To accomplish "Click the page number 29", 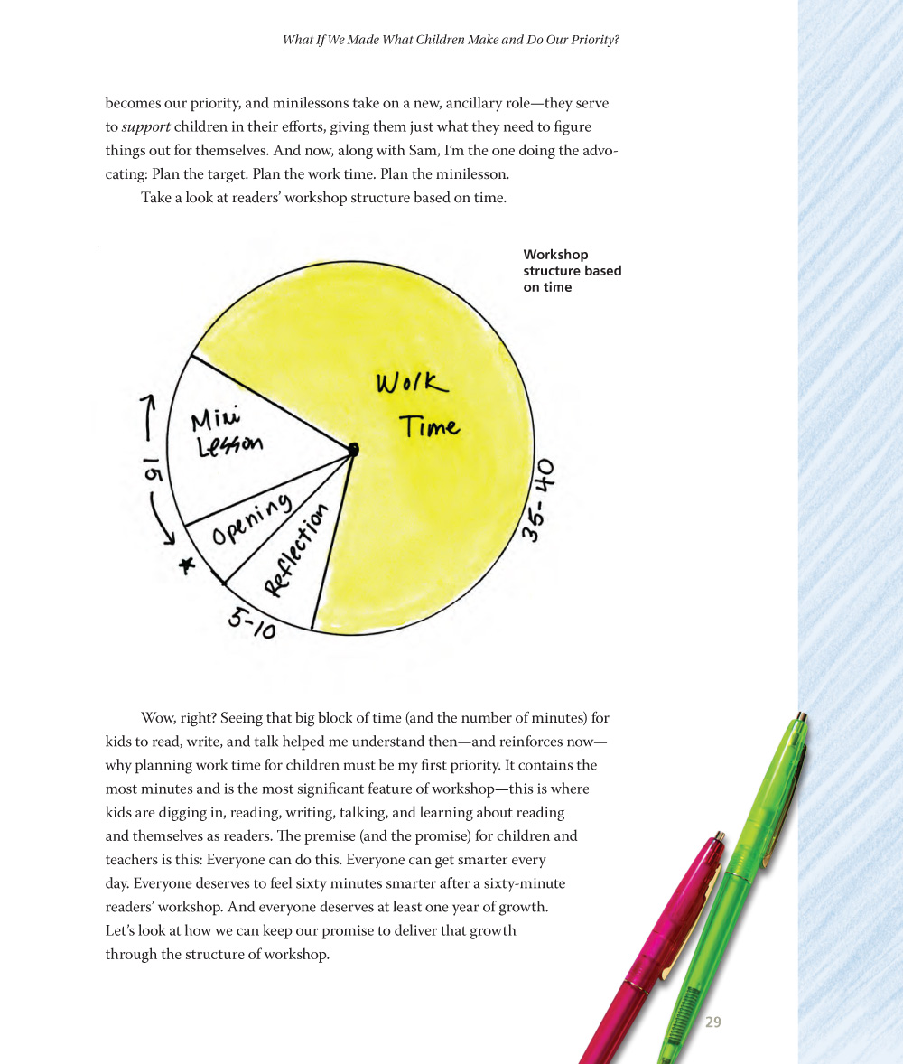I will [712, 1022].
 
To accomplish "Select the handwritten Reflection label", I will [295, 551].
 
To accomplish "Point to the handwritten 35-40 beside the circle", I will [539, 500].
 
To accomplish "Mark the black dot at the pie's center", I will [353, 449].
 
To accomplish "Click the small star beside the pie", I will [187, 566].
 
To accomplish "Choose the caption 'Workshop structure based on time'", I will [572, 271].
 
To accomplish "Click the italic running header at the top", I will [451, 40].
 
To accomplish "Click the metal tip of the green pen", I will [800, 720].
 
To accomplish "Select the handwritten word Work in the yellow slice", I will [411, 384].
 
